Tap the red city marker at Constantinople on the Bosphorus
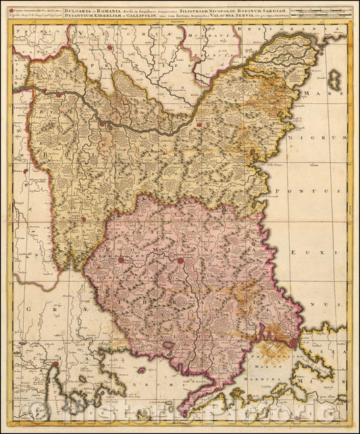(x=292, y=343)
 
